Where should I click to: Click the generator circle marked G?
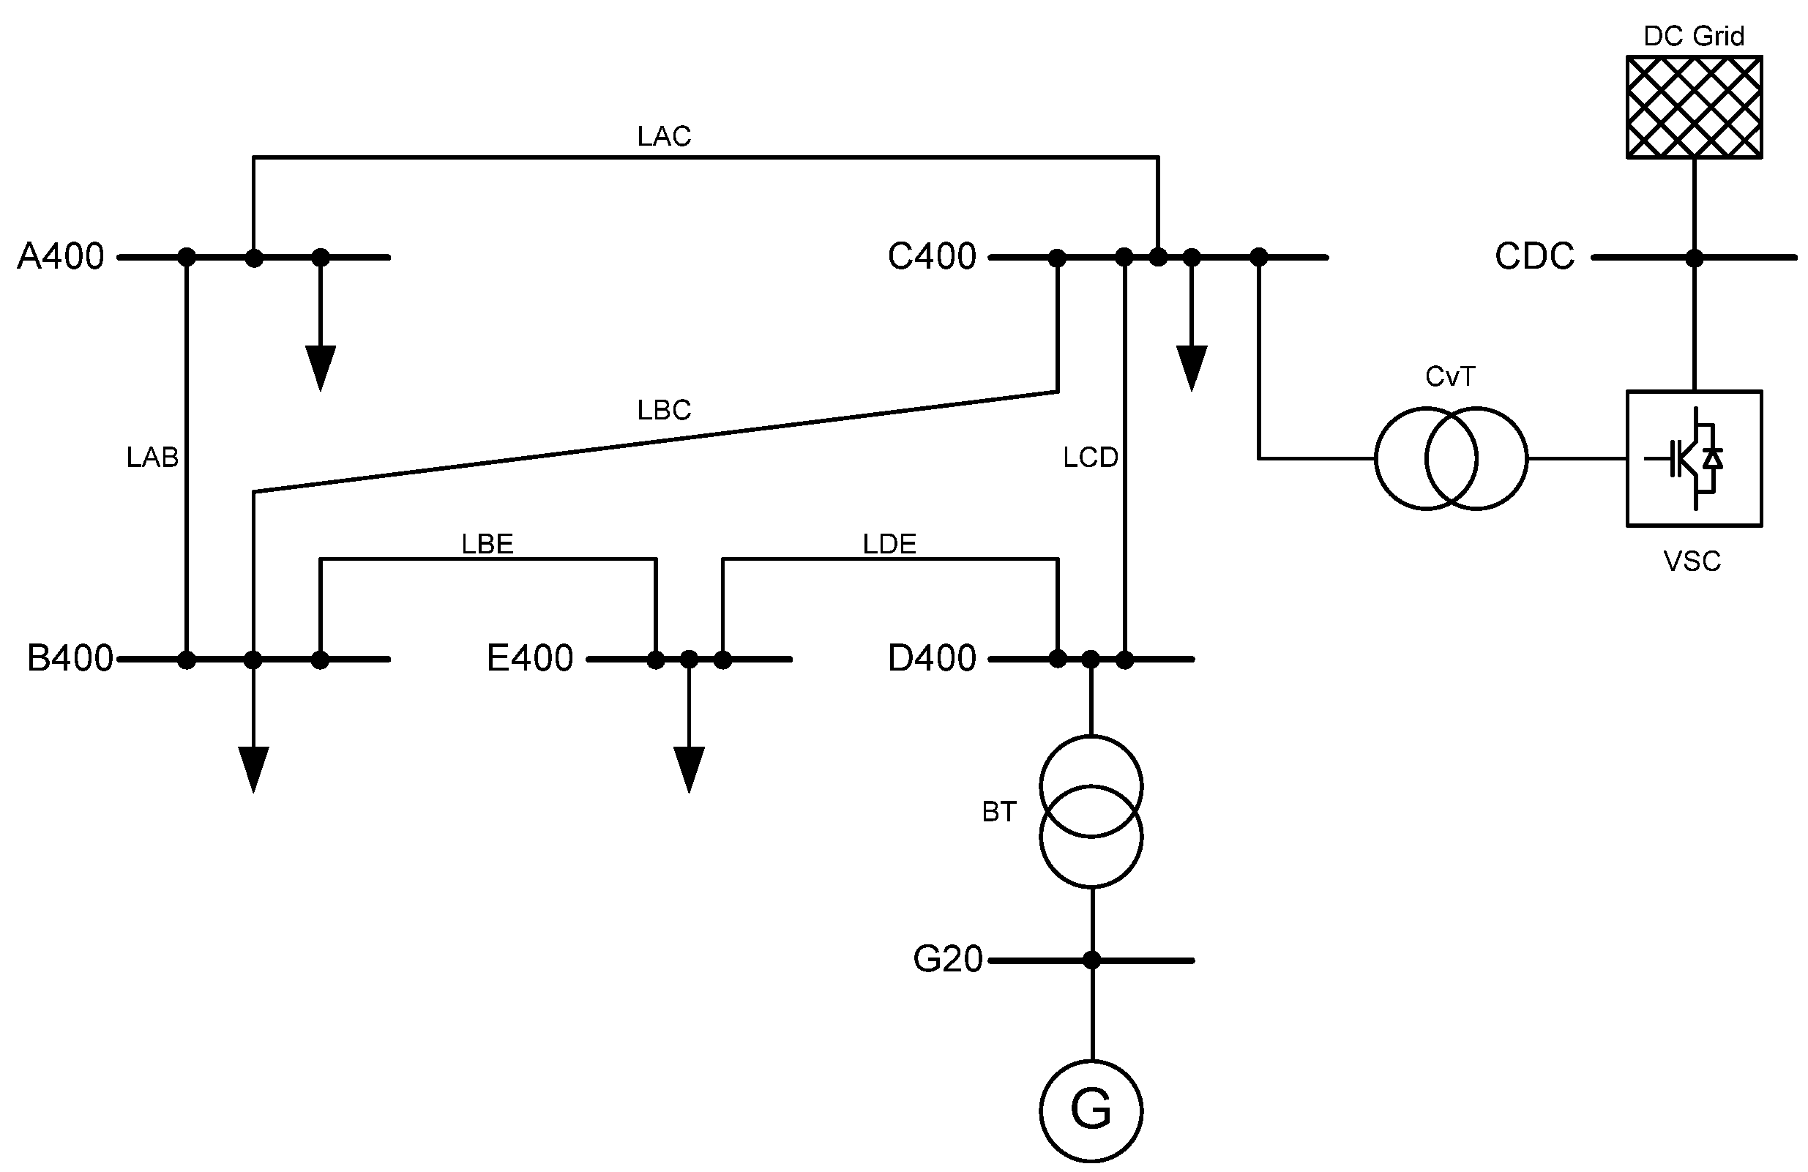coord(1091,1110)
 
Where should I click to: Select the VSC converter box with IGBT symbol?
coord(1693,458)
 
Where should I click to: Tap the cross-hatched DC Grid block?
coord(1693,107)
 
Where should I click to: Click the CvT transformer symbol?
coord(1450,458)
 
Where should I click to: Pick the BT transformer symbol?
coord(1091,810)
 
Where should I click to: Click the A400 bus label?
coord(61,257)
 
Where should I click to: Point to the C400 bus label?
coord(931,257)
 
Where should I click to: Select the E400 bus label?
coord(529,658)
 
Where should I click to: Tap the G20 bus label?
coord(947,958)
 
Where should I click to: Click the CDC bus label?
coord(1534,257)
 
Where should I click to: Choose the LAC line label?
coord(664,137)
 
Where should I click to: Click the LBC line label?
coord(664,410)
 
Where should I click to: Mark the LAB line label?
coord(152,458)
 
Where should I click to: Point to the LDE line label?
coord(889,544)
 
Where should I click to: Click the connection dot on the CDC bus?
coord(1693,258)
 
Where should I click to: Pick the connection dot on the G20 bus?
coord(1091,960)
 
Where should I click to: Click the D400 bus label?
coord(931,658)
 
